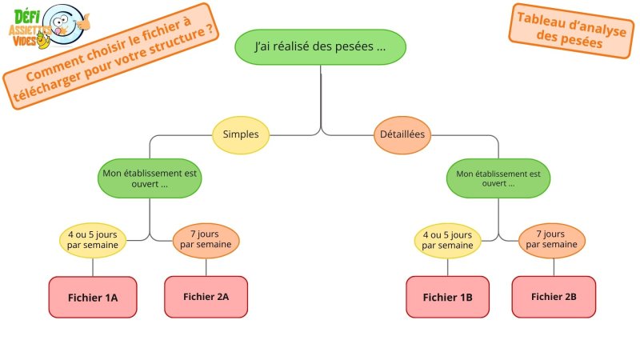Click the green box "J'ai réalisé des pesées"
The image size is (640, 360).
pyautogui.click(x=321, y=47)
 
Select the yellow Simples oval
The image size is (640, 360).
pyautogui.click(x=241, y=134)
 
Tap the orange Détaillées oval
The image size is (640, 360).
pyautogui.click(x=402, y=134)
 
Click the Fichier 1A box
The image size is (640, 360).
pyautogui.click(x=93, y=297)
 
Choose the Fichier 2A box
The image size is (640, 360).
pyautogui.click(x=206, y=297)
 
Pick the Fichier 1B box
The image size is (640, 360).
pyautogui.click(x=448, y=297)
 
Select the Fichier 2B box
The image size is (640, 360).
pyautogui.click(x=554, y=297)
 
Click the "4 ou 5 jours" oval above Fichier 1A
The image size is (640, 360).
pyautogui.click(x=93, y=241)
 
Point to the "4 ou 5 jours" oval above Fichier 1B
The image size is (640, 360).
pyautogui.click(x=448, y=241)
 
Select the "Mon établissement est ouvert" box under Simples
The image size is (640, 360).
pyautogui.click(x=150, y=178)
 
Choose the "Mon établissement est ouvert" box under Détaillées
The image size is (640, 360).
pyautogui.click(x=498, y=178)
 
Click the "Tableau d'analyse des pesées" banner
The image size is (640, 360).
pyautogui.click(x=571, y=31)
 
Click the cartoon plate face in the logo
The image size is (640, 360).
pyautogui.click(x=63, y=24)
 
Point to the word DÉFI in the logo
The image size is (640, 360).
pyautogui.click(x=27, y=17)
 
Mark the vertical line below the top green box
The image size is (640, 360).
pyautogui.click(x=321, y=98)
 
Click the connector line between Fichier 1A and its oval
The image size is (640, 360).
pyautogui.click(x=93, y=267)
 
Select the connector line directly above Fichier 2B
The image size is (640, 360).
pyautogui.click(x=554, y=267)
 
